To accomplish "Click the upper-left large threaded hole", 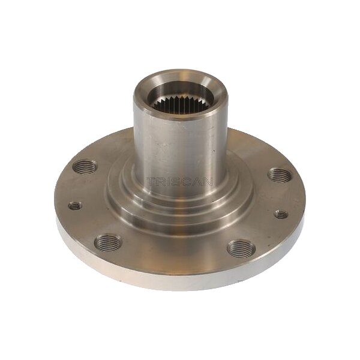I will point(86,167).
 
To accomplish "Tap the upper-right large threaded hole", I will point(280,175).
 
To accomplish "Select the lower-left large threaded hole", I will point(108,242).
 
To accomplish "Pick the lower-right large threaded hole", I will point(241,248).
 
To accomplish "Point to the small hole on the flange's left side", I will point(75,206).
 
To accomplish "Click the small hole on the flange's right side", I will point(281,214).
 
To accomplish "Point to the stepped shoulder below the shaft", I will point(180,207).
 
